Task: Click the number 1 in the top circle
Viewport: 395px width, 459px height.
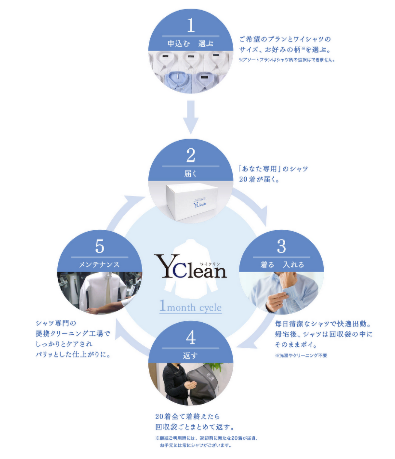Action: point(191,26)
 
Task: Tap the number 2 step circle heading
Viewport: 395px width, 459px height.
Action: point(191,156)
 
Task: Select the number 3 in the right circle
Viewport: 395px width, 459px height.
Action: point(281,247)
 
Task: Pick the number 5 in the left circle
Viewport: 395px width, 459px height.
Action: point(100,247)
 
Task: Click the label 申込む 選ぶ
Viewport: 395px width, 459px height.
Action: point(190,43)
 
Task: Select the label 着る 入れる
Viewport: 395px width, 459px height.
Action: point(281,264)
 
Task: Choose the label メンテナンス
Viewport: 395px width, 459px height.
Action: point(100,264)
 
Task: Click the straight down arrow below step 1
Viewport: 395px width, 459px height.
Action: point(191,117)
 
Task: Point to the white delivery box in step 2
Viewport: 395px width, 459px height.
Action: point(190,202)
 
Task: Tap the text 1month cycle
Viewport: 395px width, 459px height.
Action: point(191,307)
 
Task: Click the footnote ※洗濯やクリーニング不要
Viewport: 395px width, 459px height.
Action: point(301,355)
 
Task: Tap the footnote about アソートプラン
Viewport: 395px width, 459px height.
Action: point(287,60)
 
